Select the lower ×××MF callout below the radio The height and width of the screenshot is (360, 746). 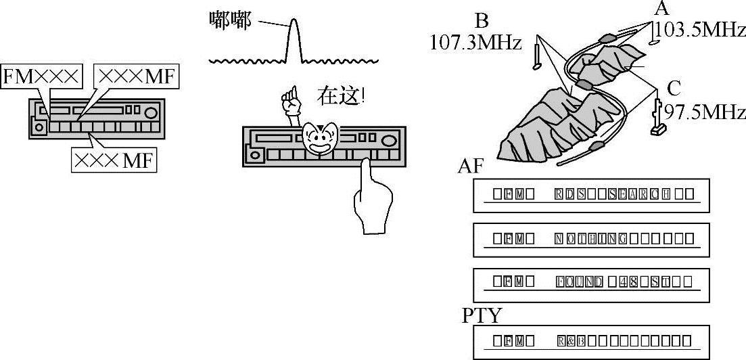(114, 160)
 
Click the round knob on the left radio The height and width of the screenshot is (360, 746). (151, 113)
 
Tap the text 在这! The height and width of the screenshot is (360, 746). (342, 96)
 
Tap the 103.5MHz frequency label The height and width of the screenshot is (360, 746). (699, 30)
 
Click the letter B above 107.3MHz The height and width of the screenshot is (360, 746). (482, 20)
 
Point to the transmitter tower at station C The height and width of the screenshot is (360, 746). (656, 118)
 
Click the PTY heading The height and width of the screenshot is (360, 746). (482, 315)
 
